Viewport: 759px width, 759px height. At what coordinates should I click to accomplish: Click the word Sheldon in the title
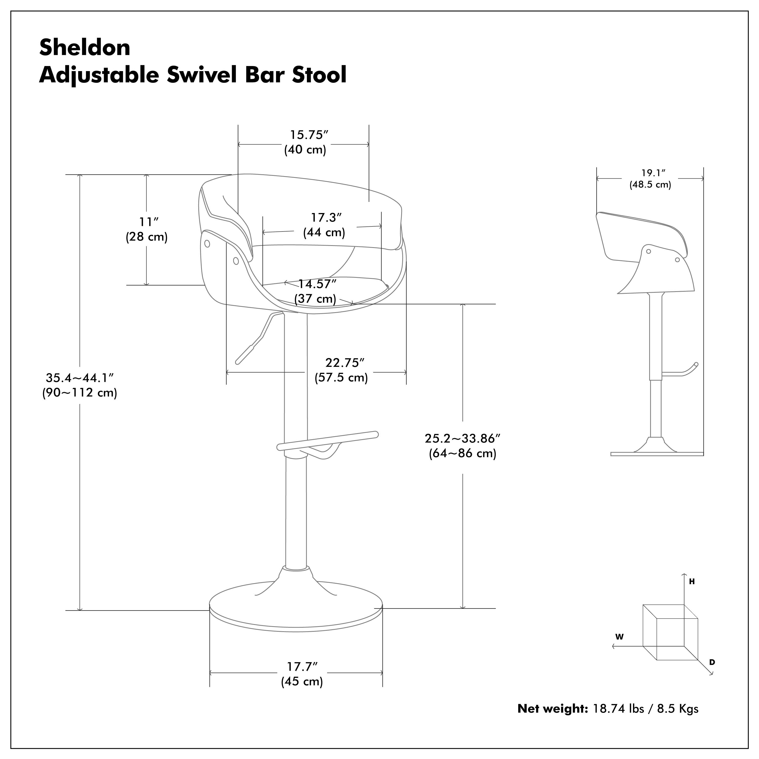click(x=85, y=48)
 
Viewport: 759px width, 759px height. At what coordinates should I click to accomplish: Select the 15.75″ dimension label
click(x=309, y=135)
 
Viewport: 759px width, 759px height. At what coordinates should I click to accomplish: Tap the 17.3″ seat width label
click(x=326, y=217)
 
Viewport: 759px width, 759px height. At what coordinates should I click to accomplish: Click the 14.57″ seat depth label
click(x=318, y=284)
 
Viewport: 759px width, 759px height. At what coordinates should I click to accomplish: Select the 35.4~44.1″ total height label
click(x=80, y=378)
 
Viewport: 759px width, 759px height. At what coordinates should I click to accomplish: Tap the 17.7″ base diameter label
click(x=302, y=667)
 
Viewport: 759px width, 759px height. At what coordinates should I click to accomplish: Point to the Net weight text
click(x=552, y=709)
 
